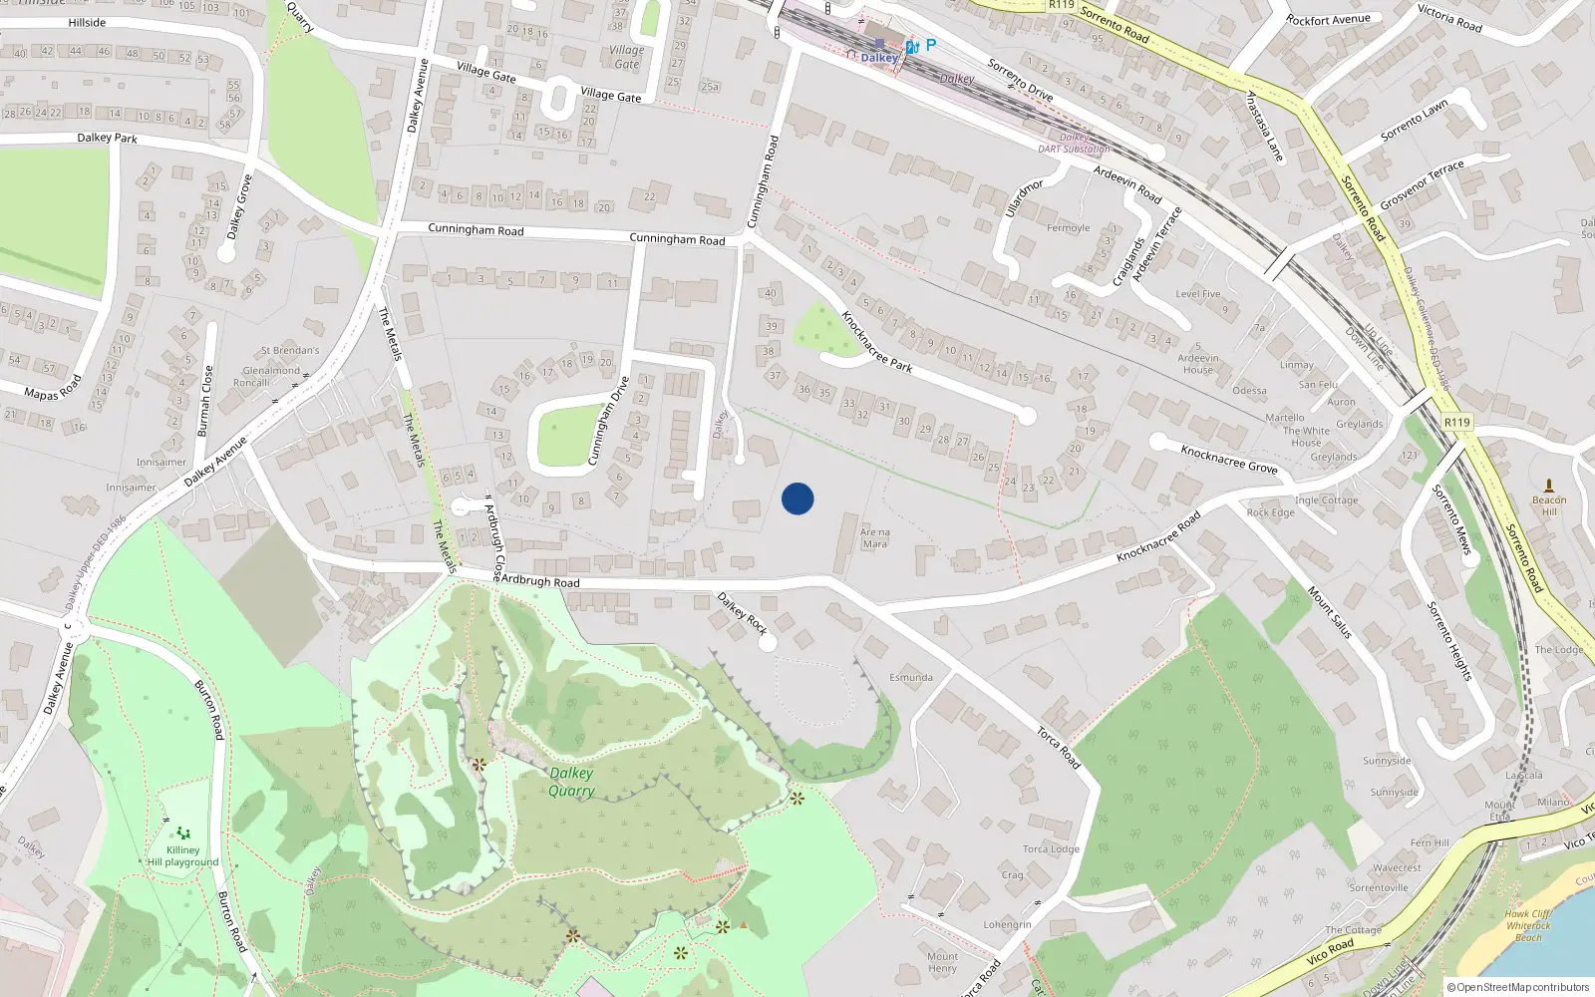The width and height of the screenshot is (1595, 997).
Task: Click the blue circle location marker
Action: pos(797,498)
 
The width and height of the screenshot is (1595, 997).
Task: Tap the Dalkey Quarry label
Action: pos(571,782)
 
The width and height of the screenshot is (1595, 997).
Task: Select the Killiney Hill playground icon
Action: pos(182,832)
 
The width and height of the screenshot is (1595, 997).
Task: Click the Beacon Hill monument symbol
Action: pos(1548,486)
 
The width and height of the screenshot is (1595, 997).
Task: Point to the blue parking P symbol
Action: pos(931,45)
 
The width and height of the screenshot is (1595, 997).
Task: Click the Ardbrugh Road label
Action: pos(539,580)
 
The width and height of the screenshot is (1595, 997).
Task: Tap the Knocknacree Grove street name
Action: pos(1228,459)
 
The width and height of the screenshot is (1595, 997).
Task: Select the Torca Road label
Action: pos(1058,747)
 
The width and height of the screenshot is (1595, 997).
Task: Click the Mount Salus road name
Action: pos(1330,612)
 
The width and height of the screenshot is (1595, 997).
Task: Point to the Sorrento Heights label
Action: pos(1448,641)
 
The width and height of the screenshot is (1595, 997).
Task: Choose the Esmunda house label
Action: pos(911,678)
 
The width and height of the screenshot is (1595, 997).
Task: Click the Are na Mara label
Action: pos(874,538)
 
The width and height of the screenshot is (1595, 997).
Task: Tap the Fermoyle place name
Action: pos(1068,228)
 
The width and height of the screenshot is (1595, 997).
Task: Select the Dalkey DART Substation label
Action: pos(1074,144)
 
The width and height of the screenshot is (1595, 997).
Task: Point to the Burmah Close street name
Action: pos(204,401)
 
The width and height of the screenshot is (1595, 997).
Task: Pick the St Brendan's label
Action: pos(290,351)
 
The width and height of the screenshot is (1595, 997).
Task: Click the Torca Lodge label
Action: pos(1051,849)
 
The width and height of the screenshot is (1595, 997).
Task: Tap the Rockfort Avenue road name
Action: pos(1328,20)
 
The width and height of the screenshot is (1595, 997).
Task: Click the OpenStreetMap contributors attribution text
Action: pos(1518,987)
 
